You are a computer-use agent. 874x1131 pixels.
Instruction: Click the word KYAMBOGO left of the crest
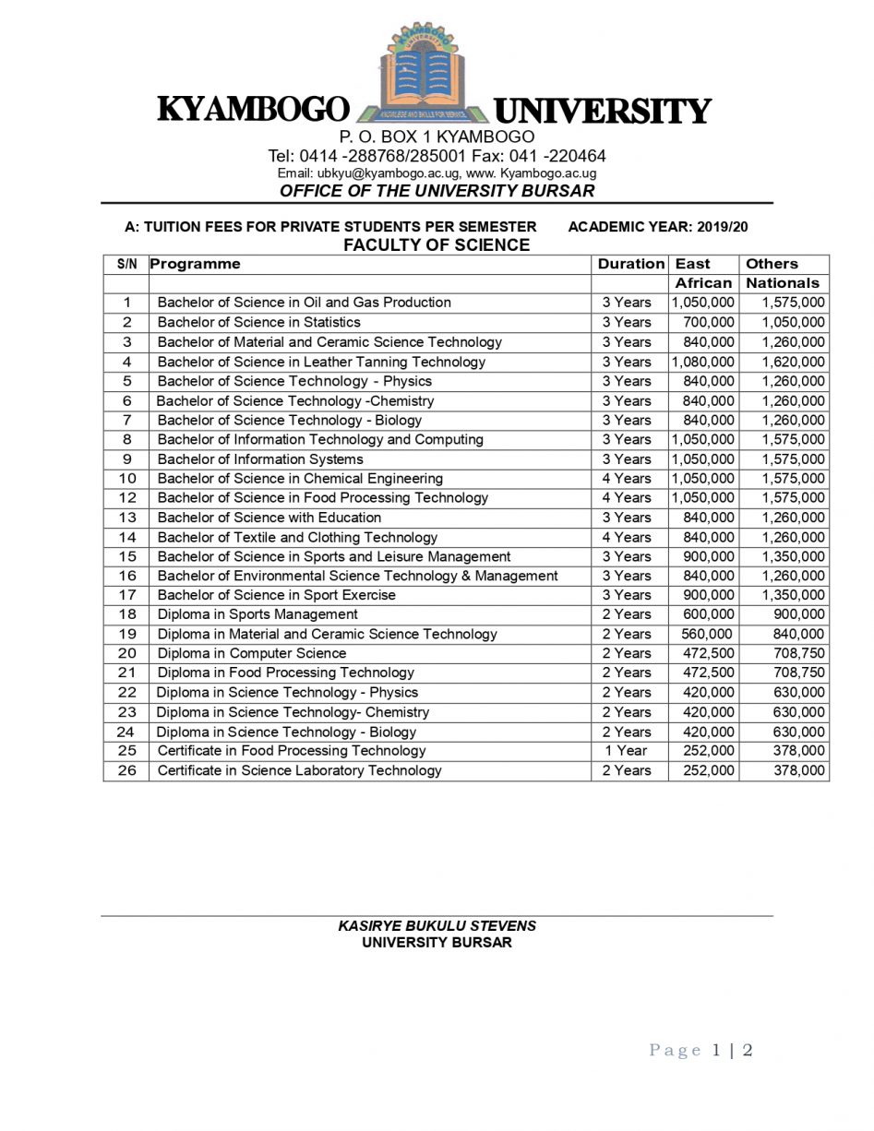[254, 110]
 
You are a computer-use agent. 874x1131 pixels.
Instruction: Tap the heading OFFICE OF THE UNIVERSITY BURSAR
[437, 191]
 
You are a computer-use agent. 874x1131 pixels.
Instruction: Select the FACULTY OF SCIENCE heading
[437, 245]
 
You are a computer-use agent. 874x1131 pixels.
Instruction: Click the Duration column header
[630, 264]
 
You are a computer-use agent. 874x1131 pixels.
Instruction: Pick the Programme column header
[195, 264]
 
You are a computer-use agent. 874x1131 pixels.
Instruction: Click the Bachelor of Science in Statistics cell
[258, 322]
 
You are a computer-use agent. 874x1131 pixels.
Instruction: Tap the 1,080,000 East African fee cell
[703, 362]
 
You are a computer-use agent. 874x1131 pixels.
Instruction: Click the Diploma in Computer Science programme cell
[251, 653]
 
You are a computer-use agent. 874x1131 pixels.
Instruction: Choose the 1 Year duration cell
[627, 751]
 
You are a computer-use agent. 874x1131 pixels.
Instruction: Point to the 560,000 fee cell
[707, 634]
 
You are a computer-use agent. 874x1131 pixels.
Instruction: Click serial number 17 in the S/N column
[126, 595]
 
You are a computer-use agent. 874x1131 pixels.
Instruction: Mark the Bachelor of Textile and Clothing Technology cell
[297, 537]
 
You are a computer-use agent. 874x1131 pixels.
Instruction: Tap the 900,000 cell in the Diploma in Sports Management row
[799, 614]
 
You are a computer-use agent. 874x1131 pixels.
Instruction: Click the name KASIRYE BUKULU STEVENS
[437, 926]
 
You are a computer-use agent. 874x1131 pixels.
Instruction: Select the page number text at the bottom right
[701, 1050]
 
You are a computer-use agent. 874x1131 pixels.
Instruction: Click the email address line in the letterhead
[437, 173]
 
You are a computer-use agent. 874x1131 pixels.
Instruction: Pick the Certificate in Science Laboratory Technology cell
[299, 770]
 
